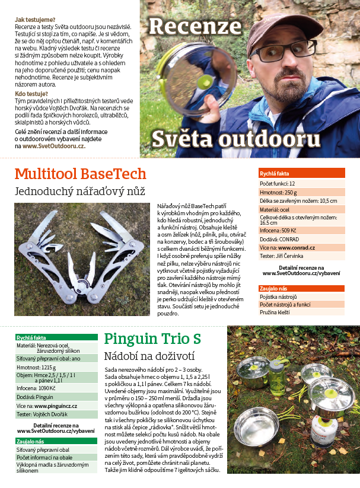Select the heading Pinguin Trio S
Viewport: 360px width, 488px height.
click(152, 339)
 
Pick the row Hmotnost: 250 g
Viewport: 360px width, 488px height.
click(278, 192)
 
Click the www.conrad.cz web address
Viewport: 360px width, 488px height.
click(295, 247)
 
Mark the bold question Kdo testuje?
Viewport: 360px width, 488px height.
click(32, 94)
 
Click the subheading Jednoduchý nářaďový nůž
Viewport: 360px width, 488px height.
click(79, 192)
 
